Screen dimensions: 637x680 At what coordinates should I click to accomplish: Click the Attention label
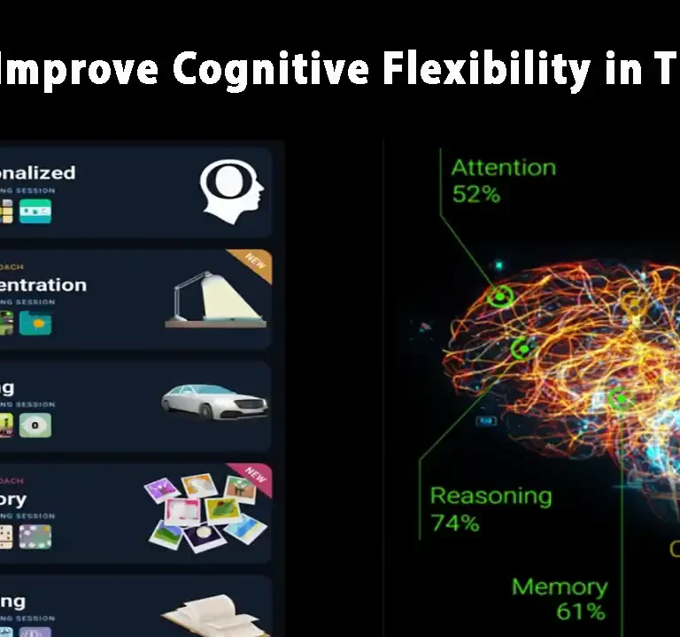(503, 167)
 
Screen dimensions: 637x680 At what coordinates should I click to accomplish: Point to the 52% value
(476, 195)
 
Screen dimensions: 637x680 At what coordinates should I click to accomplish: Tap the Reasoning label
(490, 496)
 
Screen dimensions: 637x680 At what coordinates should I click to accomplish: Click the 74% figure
(455, 523)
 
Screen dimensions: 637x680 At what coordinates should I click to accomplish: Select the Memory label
(560, 586)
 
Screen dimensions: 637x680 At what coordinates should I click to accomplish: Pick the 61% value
(581, 611)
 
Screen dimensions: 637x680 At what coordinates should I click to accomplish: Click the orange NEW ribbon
(256, 264)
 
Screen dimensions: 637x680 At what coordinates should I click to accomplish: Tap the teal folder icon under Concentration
(36, 323)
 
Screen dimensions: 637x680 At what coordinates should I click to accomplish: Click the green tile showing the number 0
(36, 426)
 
